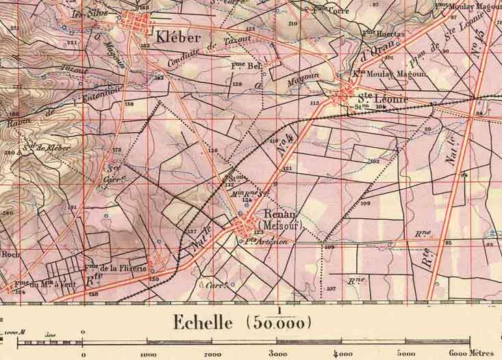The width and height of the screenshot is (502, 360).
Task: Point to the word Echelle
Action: (202, 322)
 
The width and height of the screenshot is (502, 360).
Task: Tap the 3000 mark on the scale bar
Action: (278, 355)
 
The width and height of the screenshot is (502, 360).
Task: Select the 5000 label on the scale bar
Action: (407, 355)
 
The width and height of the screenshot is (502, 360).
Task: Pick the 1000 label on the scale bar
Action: (148, 355)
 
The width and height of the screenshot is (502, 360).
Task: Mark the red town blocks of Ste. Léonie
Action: (343, 95)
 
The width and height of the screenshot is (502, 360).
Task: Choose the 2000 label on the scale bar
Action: (213, 355)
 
